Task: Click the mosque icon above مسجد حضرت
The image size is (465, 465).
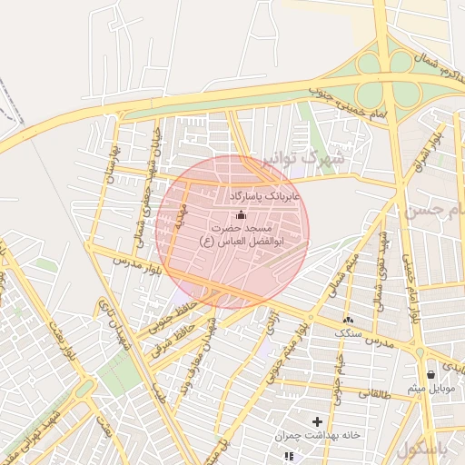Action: tap(241, 214)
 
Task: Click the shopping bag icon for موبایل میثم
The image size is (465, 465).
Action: tap(430, 373)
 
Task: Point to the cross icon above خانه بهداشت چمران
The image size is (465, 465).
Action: tap(317, 421)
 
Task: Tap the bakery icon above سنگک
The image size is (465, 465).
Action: tap(348, 320)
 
